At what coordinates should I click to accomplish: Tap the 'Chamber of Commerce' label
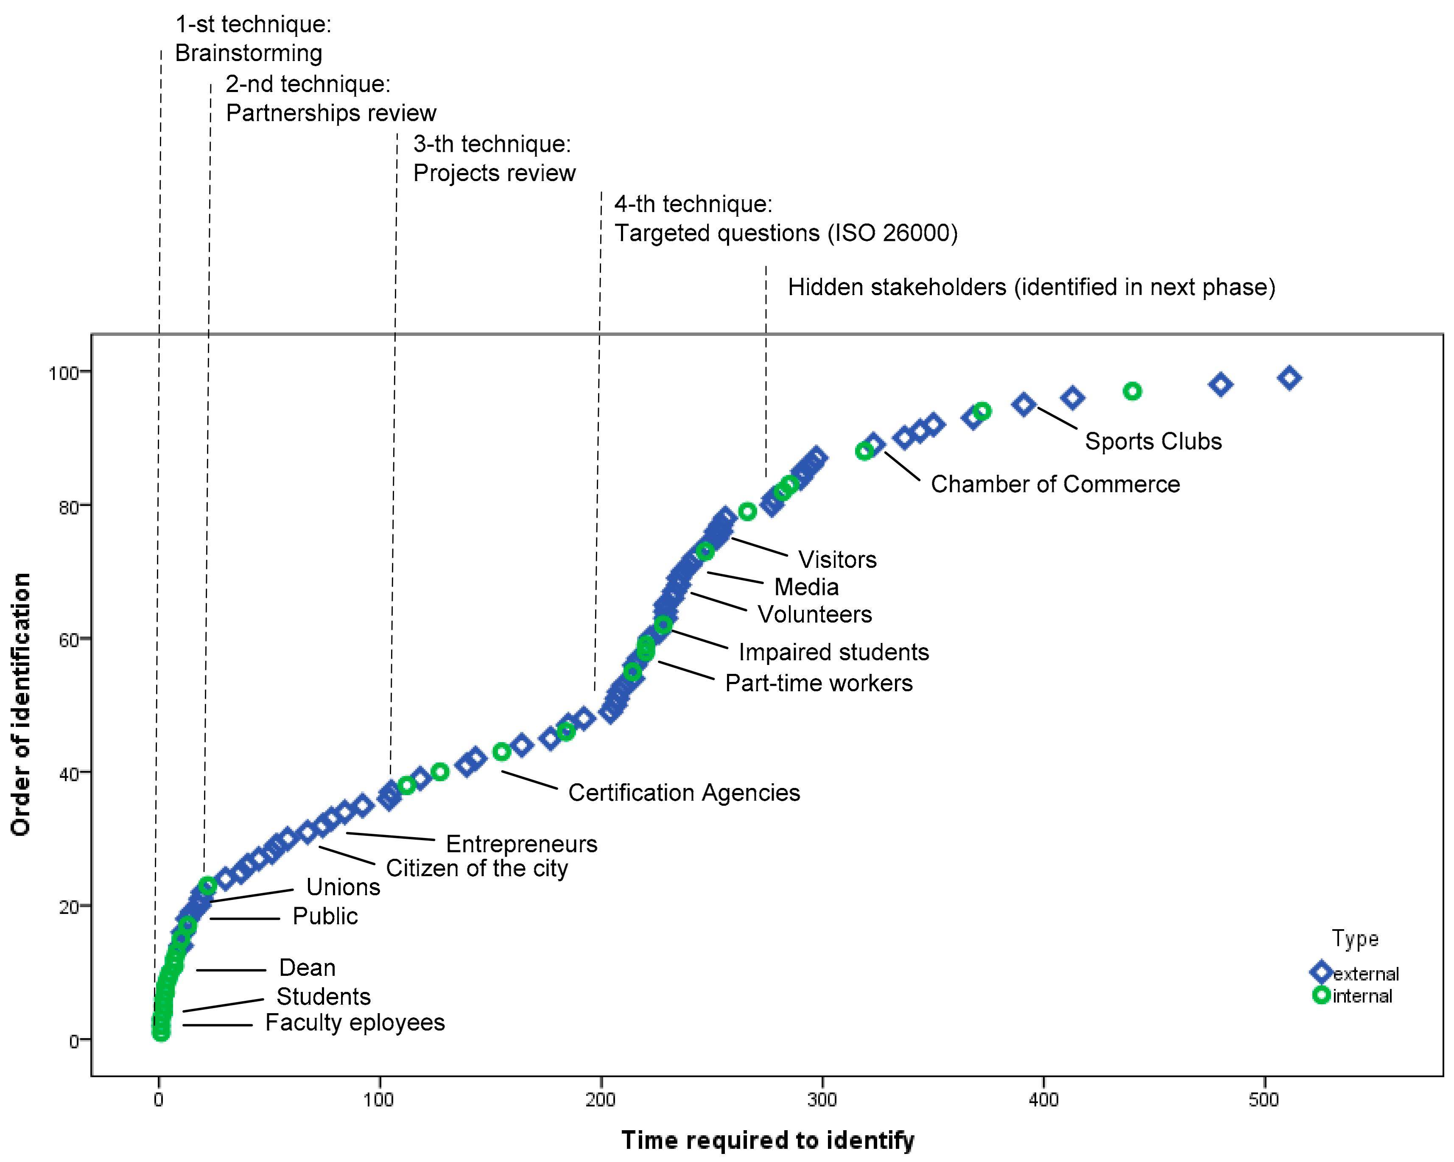[1055, 484]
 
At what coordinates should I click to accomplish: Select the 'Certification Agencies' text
[684, 793]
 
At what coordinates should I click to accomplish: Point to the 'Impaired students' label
[833, 652]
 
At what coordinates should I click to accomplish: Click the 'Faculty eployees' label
[355, 1022]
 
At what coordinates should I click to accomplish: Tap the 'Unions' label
[343, 887]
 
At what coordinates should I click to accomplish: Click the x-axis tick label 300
[822, 1101]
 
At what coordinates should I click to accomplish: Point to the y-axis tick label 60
[69, 640]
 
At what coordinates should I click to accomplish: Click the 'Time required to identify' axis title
[767, 1140]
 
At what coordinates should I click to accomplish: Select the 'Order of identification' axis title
[21, 705]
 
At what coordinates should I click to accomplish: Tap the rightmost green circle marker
[1132, 391]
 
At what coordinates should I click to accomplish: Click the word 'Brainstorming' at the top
[248, 53]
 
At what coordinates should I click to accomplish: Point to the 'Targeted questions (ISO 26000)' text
[786, 233]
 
